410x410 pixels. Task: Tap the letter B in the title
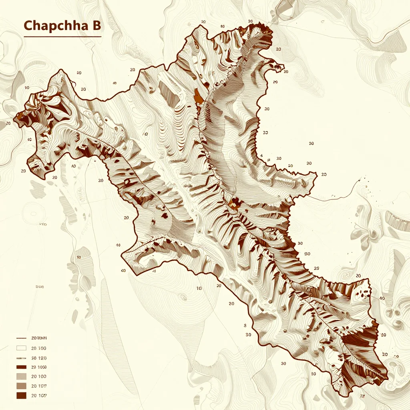96,26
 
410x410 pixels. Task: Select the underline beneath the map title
62,37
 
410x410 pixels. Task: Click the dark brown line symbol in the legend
21,338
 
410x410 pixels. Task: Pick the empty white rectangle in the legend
21,348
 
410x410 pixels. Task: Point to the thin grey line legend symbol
21,358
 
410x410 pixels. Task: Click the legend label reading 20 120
39,358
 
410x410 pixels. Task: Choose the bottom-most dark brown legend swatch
21,396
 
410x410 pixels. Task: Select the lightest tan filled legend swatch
21,377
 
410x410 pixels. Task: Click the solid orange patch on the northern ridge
198,96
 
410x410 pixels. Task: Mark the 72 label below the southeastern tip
363,396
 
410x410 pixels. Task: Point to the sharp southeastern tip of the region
387,378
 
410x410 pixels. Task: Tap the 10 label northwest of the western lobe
27,87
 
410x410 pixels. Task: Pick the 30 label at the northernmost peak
250,21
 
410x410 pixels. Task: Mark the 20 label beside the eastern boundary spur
324,175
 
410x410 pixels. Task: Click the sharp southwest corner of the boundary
122,253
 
